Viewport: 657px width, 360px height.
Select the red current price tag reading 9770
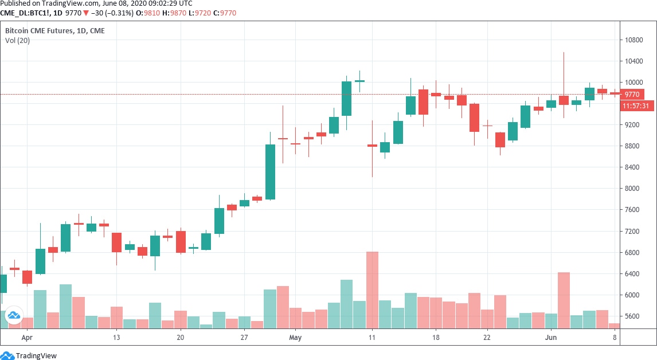(632, 94)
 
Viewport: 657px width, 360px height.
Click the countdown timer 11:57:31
(636, 106)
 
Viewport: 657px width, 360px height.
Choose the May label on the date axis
(295, 338)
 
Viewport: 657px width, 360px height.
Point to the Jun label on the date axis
(551, 338)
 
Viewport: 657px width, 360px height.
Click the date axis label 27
(244, 338)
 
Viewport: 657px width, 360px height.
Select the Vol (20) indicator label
(17, 40)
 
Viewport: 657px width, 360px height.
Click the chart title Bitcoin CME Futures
(38, 30)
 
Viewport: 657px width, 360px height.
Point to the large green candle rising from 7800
(270, 172)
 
